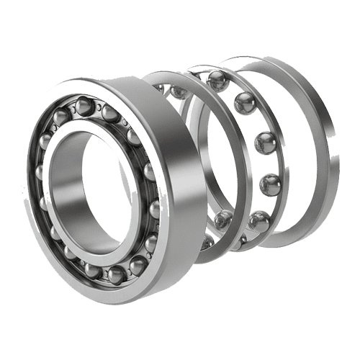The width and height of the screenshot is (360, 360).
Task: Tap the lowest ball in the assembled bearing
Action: pos(115,274)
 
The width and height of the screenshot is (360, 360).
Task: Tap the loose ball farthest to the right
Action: pos(270,184)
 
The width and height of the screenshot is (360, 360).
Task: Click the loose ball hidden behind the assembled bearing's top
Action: pos(176,91)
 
